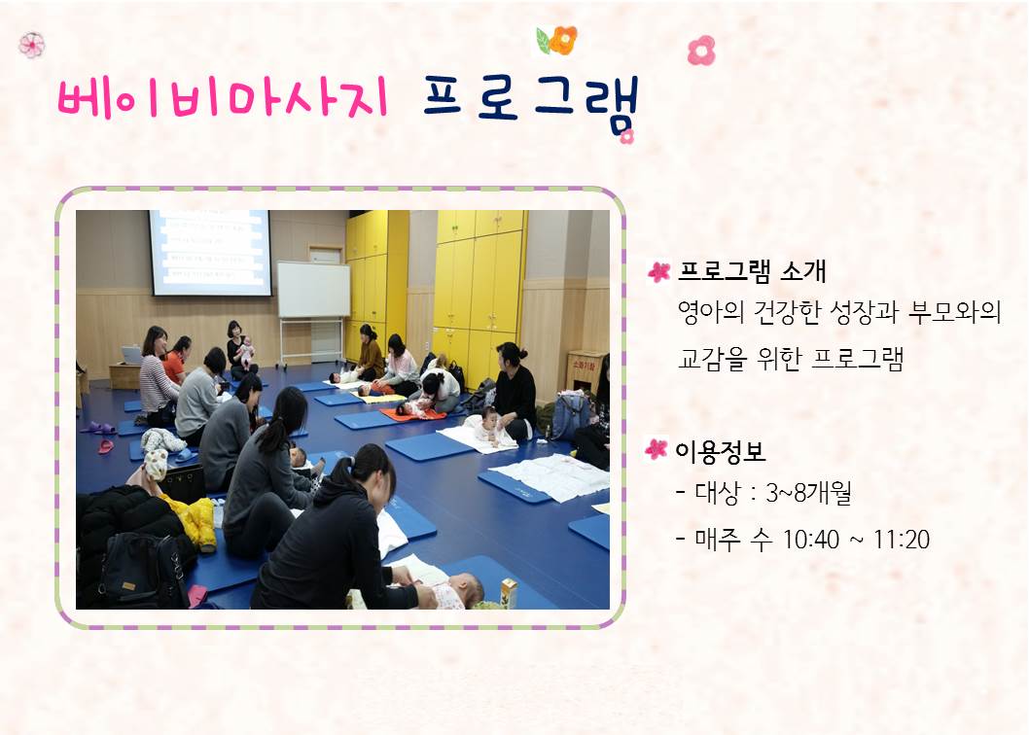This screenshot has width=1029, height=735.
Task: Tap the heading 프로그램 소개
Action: point(753,271)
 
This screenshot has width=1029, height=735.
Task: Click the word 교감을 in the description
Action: point(714,360)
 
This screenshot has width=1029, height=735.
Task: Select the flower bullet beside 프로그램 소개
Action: point(659,272)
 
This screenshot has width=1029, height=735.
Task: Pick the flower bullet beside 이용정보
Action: point(657,449)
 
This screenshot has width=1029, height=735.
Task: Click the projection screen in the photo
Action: point(209,252)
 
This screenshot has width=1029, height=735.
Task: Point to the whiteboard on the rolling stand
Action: point(313,290)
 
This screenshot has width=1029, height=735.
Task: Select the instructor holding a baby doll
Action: point(236,347)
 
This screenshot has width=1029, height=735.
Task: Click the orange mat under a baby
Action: point(410,414)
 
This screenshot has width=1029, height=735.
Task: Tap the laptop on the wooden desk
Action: point(131,355)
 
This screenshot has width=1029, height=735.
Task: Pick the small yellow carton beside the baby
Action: point(508,592)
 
